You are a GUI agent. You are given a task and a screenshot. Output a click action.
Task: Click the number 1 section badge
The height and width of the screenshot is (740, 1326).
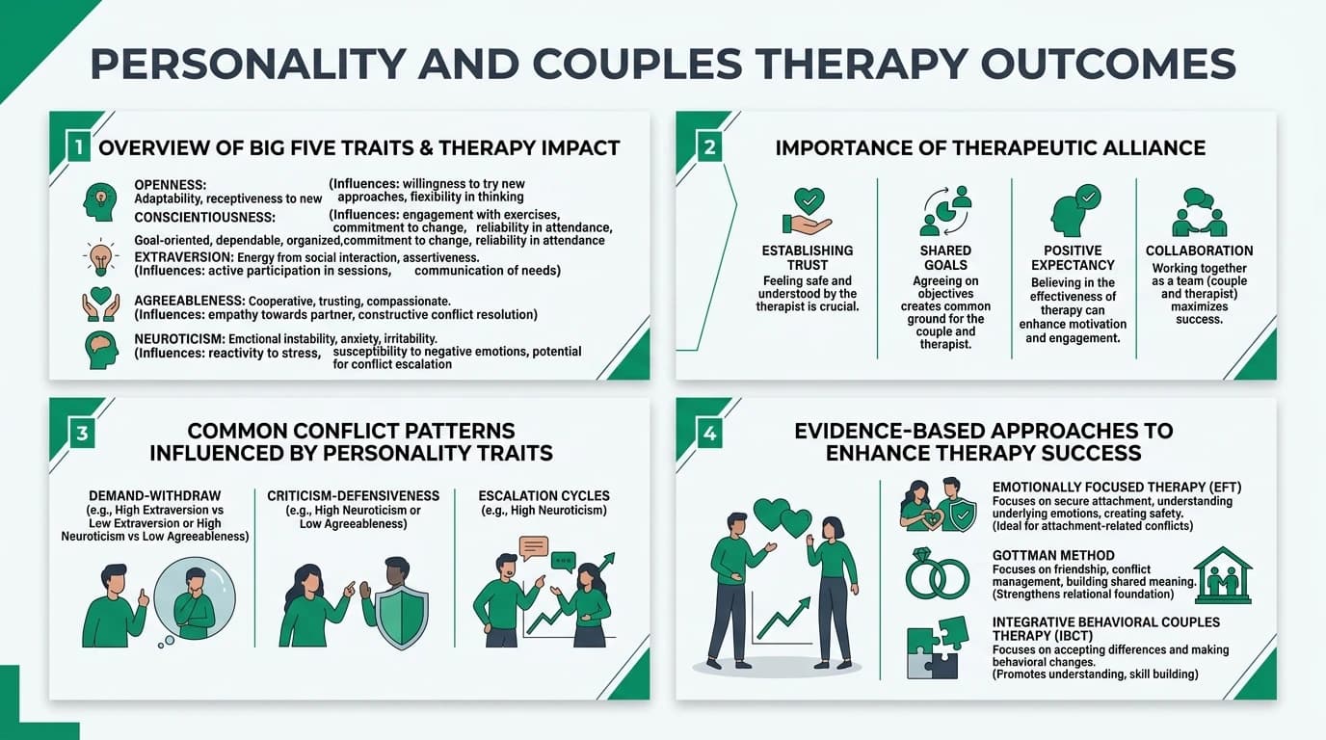pyautogui.click(x=76, y=148)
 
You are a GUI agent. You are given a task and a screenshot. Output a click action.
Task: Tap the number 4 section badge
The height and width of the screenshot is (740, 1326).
pyautogui.click(x=709, y=434)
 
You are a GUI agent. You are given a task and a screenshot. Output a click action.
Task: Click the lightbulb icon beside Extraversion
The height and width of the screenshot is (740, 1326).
pyautogui.click(x=100, y=258)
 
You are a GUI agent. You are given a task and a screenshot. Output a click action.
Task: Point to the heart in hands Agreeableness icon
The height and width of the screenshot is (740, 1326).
pyautogui.click(x=100, y=304)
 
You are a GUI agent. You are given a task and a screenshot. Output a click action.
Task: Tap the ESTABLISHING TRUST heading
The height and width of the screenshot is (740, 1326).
pyautogui.click(x=807, y=257)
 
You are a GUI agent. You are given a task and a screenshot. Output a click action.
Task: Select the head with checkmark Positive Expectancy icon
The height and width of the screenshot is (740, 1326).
pyautogui.click(x=1073, y=211)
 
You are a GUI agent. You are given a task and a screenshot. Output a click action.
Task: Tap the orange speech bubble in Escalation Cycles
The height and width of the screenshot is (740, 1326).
pyautogui.click(x=533, y=548)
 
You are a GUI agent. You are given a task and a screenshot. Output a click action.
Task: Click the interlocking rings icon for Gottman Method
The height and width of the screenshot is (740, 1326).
pyautogui.click(x=937, y=577)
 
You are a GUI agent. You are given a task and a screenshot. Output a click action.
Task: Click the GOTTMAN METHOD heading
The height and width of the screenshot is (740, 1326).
pyautogui.click(x=1052, y=555)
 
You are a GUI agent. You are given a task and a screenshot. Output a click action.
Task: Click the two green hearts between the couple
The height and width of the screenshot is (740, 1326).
pyautogui.click(x=782, y=518)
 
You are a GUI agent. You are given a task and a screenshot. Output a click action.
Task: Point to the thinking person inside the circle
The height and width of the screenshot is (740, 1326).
pyautogui.click(x=194, y=603)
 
